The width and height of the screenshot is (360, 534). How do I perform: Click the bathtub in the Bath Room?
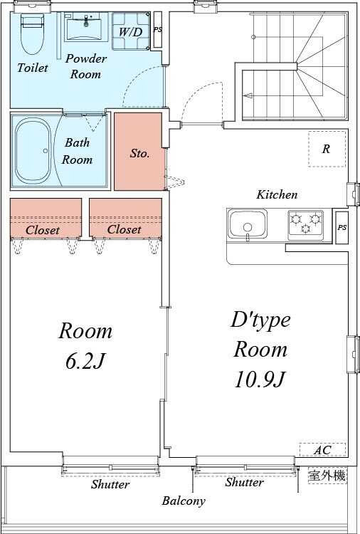click(31, 150)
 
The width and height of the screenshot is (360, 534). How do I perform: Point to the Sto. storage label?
click(139, 153)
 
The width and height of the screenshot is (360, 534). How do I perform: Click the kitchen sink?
click(247, 226)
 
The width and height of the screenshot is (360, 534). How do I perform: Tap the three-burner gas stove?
click(305, 223)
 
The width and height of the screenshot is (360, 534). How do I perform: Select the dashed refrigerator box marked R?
click(327, 149)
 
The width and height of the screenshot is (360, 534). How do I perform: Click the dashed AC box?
click(322, 450)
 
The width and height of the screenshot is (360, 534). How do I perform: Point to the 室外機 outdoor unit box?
click(327, 476)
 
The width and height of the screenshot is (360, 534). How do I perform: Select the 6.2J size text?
click(85, 361)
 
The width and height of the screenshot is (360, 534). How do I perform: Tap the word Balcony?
click(183, 501)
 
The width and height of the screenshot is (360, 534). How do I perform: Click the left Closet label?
click(42, 230)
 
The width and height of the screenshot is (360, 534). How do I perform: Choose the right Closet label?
click(124, 230)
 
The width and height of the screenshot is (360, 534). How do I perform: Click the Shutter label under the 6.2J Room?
click(110, 485)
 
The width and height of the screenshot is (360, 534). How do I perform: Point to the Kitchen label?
click(277, 194)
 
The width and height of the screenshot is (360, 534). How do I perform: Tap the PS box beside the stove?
click(342, 228)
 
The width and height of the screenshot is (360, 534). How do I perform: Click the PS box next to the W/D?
click(157, 31)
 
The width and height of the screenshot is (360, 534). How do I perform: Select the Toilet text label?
click(33, 68)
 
